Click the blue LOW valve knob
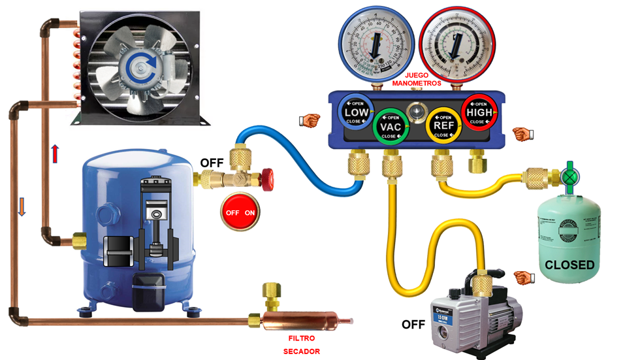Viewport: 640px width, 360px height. (x=356, y=113)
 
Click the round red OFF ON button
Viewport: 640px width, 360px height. (x=240, y=212)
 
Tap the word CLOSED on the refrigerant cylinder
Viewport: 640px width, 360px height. (x=569, y=265)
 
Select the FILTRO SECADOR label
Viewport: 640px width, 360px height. (x=301, y=344)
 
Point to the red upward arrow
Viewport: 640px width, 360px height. (x=56, y=155)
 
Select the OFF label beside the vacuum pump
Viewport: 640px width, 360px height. (x=413, y=324)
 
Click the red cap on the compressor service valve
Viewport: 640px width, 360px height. (x=266, y=175)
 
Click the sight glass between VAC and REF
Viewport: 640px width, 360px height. (x=415, y=112)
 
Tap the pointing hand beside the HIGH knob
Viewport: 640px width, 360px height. (x=522, y=134)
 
